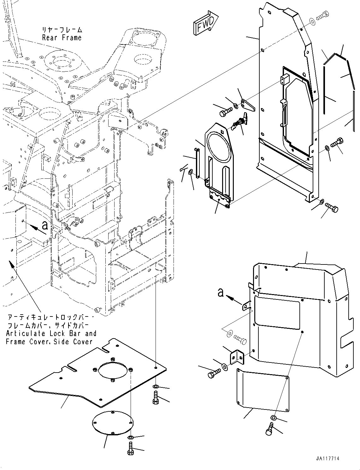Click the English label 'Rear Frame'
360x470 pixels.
pos(62,38)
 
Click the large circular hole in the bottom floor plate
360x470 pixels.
pos(114,371)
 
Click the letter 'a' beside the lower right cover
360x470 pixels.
pos(221,293)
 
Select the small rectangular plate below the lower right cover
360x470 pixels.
pos(263,391)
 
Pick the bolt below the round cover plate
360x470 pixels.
pos(131,448)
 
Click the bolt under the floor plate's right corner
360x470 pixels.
pos(155,397)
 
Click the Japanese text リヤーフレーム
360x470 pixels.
pos(62,30)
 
